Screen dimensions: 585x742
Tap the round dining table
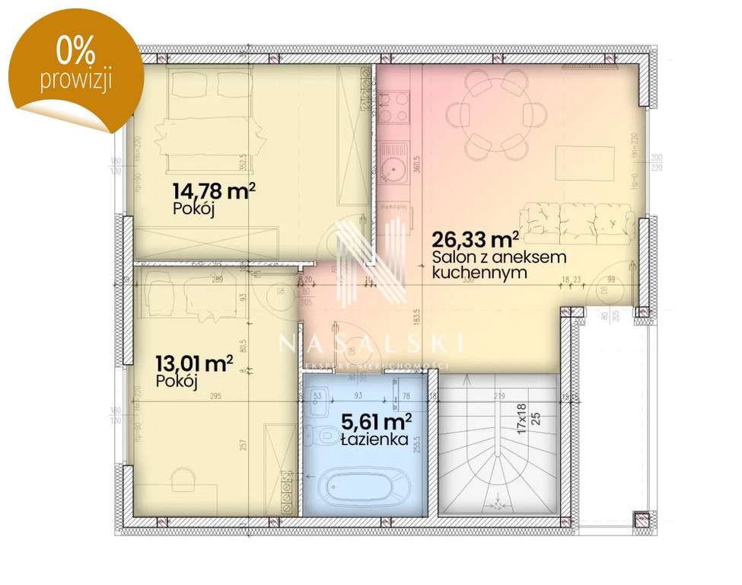point(496,115)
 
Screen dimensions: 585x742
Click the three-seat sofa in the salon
point(578,221)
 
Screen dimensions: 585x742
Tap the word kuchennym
point(479,272)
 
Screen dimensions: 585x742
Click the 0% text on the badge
point(75,52)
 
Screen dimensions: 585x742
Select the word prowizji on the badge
point(76,79)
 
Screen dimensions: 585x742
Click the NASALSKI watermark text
point(371,344)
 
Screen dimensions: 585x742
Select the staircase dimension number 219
point(499,396)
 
